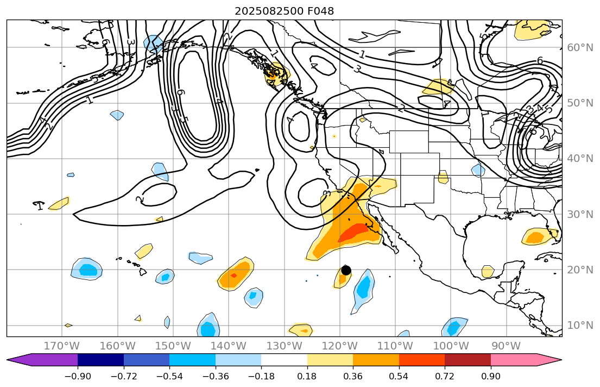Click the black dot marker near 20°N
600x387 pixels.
(x=346, y=270)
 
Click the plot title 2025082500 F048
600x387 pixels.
(x=284, y=11)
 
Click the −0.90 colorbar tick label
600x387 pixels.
(x=78, y=376)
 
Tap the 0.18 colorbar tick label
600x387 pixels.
(x=307, y=376)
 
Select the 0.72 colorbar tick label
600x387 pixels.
(x=445, y=376)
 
